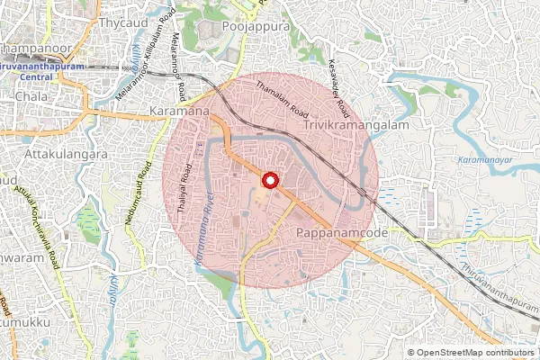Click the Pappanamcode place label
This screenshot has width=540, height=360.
click(341, 232)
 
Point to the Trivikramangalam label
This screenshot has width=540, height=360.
click(356, 126)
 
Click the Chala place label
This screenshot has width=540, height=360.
click(31, 95)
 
